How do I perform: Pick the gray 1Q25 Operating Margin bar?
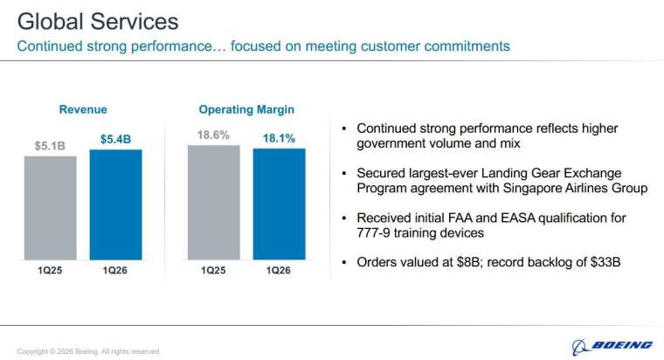(214, 202)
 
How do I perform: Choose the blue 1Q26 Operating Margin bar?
(280, 204)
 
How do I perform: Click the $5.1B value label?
(50, 146)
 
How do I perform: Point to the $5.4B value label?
(115, 139)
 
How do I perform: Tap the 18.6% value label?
(214, 135)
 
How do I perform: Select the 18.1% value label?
(280, 138)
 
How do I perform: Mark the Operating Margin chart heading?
(246, 110)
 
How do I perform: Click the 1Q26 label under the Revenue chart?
(115, 270)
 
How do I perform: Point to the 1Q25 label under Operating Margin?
(214, 270)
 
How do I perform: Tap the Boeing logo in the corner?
(612, 344)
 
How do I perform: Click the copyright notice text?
(88, 351)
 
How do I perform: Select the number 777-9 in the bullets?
(377, 232)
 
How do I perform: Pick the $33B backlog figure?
(602, 262)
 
